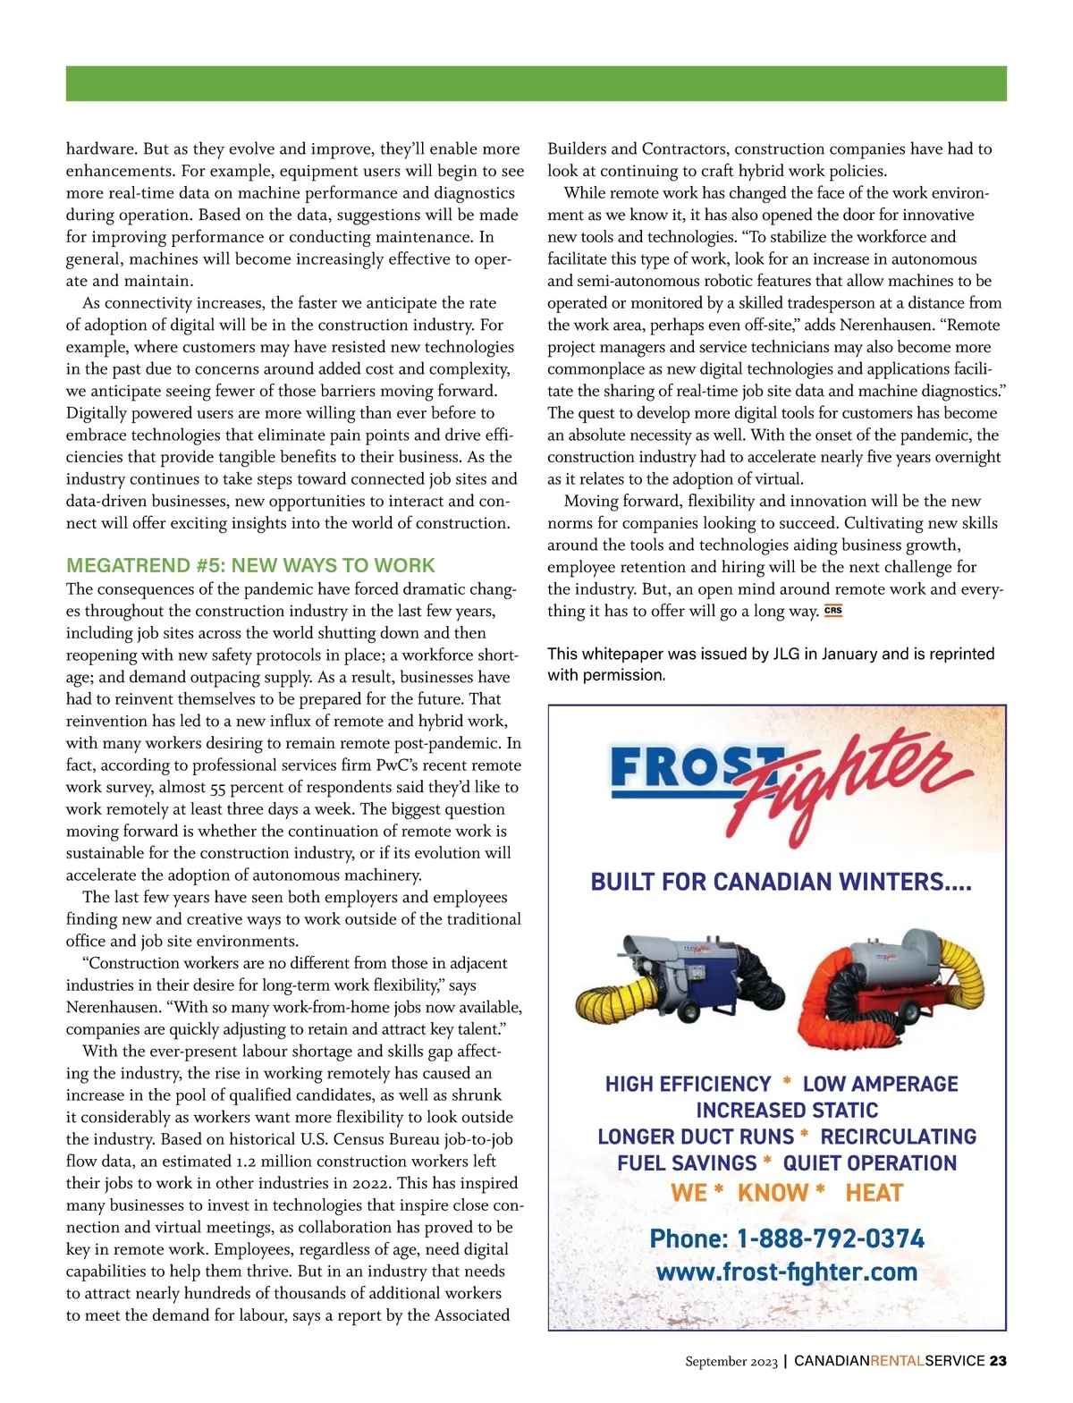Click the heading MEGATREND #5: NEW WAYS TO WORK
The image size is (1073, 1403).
point(250,565)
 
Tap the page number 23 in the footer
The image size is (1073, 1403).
point(998,1361)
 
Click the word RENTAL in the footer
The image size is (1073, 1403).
point(898,1361)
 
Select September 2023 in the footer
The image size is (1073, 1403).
point(731,1361)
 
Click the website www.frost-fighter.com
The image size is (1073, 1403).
point(787,1272)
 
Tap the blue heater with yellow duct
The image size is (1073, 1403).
point(680,979)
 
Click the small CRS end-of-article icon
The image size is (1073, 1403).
point(833,612)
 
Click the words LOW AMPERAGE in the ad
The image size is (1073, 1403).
point(880,1084)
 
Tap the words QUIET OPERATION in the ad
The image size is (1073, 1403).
point(869,1162)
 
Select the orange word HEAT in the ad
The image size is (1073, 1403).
point(874,1193)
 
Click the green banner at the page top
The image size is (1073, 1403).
point(536,83)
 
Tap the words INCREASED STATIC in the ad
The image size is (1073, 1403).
point(787,1111)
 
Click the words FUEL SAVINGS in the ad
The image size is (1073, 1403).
point(687,1162)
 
